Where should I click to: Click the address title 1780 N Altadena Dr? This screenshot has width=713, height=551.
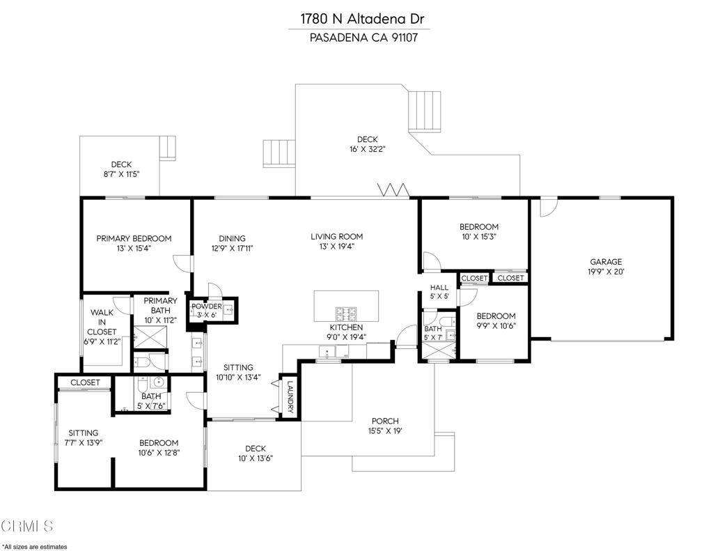(359, 19)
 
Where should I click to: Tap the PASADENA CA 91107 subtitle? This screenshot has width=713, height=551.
(359, 38)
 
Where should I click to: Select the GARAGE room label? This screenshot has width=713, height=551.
(606, 262)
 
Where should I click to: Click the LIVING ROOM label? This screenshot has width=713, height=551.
(336, 237)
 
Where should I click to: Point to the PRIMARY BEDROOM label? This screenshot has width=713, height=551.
(134, 238)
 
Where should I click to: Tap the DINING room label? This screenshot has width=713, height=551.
(232, 238)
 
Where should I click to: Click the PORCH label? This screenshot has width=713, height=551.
(385, 421)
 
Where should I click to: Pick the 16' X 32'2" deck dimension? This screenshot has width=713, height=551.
(367, 149)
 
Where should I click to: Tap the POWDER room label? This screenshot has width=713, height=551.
(207, 306)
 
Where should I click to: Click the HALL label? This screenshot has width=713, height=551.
(439, 287)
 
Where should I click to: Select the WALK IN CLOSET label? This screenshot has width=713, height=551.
(102, 323)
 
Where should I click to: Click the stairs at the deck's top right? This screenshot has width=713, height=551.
(425, 110)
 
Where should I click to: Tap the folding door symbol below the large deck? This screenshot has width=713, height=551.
(391, 189)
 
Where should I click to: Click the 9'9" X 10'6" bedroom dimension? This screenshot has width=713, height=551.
(496, 325)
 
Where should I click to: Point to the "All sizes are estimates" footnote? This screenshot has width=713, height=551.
(35, 546)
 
